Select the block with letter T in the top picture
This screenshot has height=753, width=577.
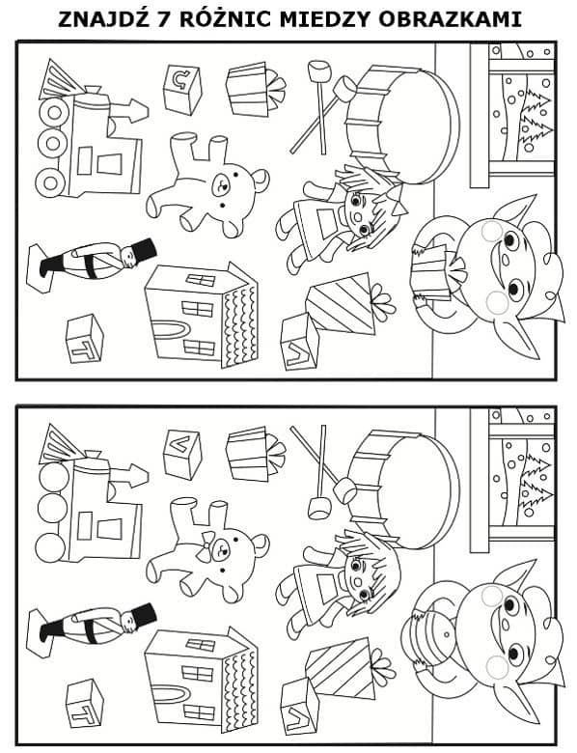tap(85, 339)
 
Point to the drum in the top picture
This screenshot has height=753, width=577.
tap(402, 124)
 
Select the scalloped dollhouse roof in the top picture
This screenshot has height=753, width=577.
tap(239, 321)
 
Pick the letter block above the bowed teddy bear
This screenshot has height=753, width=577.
tap(182, 454)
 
